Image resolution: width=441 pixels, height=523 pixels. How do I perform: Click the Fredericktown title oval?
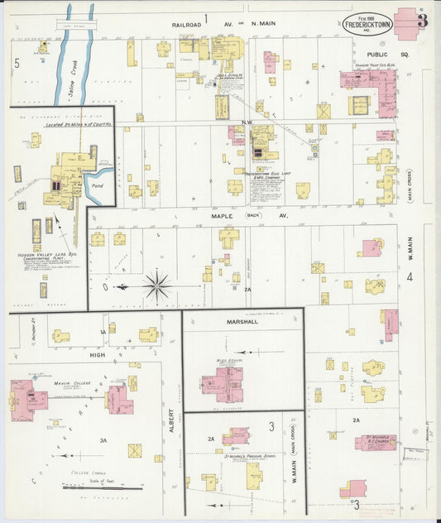[x=367, y=23]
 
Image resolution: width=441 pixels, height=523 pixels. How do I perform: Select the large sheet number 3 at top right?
[x=423, y=22]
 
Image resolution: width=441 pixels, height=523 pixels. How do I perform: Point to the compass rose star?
[x=156, y=286]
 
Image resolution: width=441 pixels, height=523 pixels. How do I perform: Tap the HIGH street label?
[x=97, y=354]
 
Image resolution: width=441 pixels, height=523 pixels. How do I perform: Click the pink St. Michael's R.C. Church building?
[x=375, y=443]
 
